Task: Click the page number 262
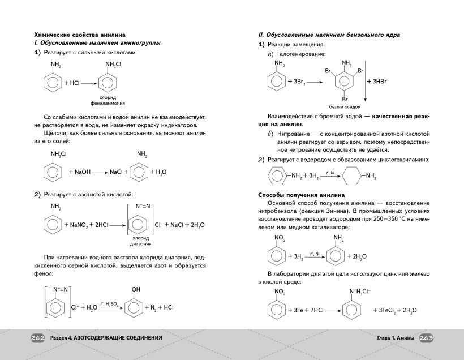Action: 38,338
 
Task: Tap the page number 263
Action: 426,338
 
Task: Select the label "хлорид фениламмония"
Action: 110,101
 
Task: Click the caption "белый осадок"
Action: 345,106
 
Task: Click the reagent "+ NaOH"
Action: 80,172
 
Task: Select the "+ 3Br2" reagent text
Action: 297,82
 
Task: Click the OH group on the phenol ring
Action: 136,289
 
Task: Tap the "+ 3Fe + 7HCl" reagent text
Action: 307,310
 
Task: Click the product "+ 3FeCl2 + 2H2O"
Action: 394,310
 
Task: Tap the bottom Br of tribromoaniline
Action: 345,99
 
